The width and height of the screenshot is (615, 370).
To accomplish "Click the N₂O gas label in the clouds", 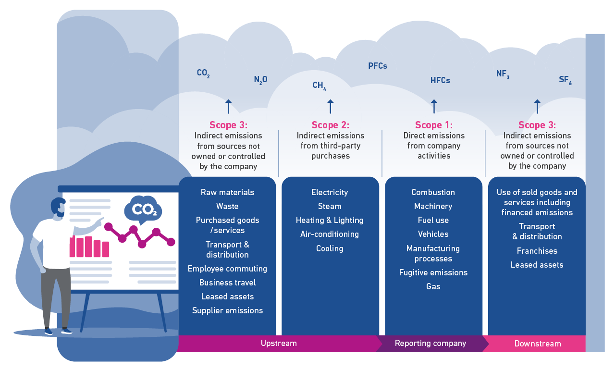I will tap(260, 80).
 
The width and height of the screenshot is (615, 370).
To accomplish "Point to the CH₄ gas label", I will tap(319, 86).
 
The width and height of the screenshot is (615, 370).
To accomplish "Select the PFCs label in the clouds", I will tap(378, 66).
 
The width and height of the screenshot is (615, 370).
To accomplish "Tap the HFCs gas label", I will tap(440, 81).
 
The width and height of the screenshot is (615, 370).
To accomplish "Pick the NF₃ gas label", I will tap(503, 74).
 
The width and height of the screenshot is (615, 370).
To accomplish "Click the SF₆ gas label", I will tap(565, 80).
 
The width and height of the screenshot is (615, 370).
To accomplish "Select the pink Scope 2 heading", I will tap(330, 125).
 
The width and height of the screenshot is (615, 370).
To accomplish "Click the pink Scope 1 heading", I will tap(434, 125).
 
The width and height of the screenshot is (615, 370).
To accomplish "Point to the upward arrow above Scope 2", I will tap(331, 106).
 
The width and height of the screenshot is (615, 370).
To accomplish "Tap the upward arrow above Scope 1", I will tap(434, 106).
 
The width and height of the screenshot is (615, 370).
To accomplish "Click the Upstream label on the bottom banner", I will tap(279, 344).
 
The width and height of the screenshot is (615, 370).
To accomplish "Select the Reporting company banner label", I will tap(430, 344).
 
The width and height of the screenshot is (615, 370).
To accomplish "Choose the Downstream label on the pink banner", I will tap(538, 344).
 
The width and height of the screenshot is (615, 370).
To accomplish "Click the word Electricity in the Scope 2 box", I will tap(330, 192).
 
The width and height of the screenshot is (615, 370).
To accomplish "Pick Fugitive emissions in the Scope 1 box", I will tap(433, 272).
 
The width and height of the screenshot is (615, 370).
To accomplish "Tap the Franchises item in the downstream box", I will tap(537, 251).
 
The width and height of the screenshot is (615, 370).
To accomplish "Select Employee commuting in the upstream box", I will tap(227, 269).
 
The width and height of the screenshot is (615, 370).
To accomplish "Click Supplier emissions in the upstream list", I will tap(227, 310).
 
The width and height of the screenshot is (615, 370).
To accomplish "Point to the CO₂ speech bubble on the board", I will tap(143, 210).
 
